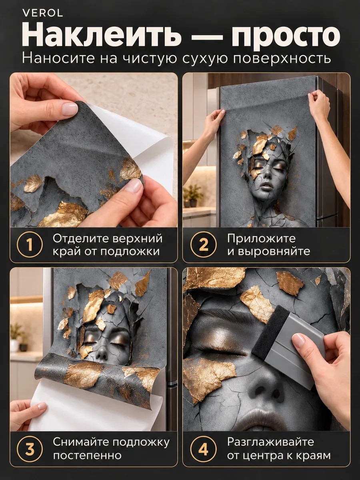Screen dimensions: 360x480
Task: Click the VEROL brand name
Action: (x=43, y=13)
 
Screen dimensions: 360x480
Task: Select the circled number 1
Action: (x=30, y=244)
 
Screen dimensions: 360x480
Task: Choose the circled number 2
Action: (x=203, y=244)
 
